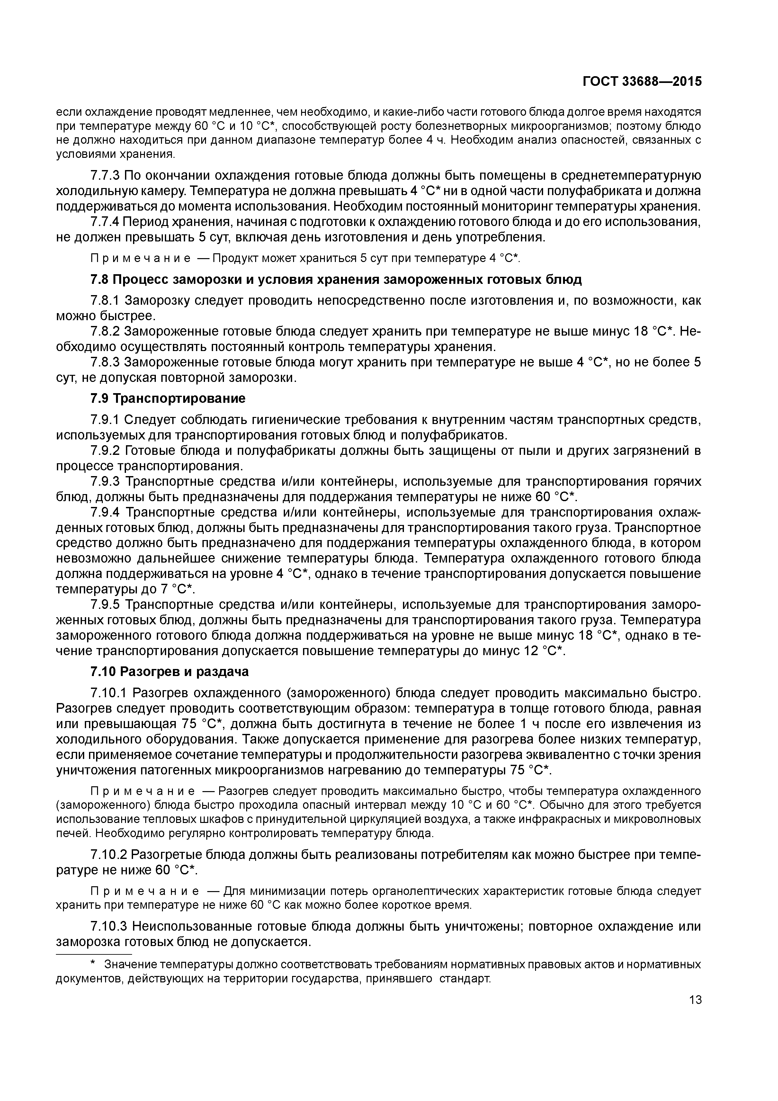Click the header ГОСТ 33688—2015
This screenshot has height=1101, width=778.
coord(642,82)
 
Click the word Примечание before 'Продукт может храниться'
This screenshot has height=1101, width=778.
coord(140,258)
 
